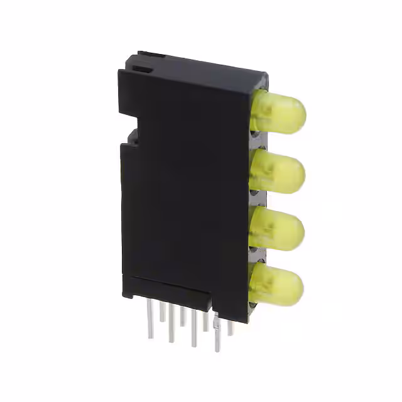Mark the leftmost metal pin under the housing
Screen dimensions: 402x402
150,320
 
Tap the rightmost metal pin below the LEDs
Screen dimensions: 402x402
231,327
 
